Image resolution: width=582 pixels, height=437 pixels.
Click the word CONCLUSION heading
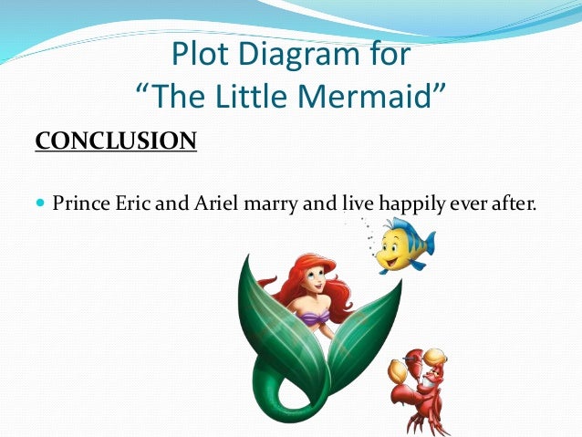pos(115,141)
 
